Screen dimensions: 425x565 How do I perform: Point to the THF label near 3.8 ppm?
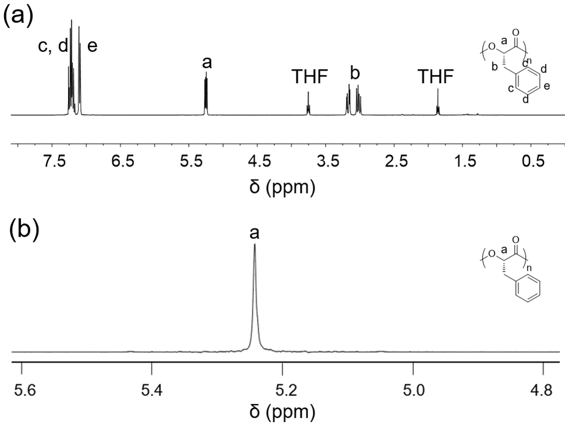coord(310,76)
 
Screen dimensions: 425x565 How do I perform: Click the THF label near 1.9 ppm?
coord(436,76)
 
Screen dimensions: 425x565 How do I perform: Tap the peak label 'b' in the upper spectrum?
coord(355,74)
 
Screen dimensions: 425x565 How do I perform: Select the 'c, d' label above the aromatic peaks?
coord(53,47)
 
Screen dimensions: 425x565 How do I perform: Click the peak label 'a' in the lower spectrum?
coord(255,233)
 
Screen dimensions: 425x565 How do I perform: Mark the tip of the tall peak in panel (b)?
coord(255,245)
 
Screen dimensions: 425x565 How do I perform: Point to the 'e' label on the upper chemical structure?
coord(546,87)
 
